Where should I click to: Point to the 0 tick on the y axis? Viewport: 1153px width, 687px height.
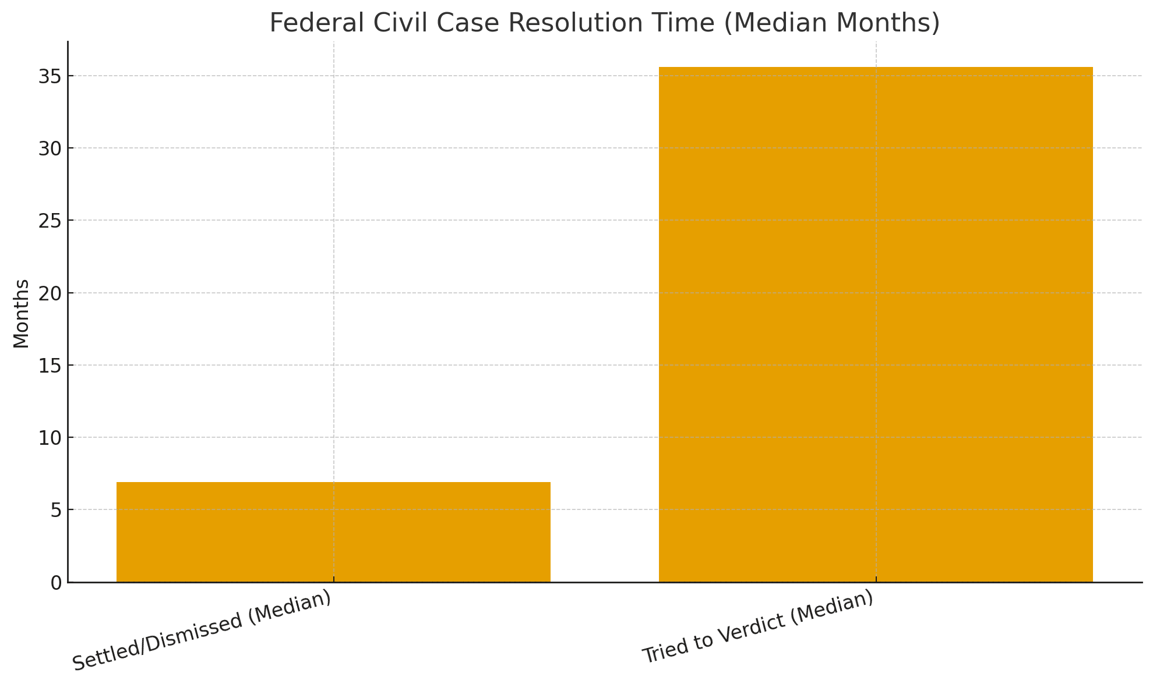click(56, 583)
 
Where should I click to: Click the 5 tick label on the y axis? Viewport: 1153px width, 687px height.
click(56, 511)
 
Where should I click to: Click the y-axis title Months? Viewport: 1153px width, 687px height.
click(21, 314)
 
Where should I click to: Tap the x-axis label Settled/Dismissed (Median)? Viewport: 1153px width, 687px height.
click(202, 631)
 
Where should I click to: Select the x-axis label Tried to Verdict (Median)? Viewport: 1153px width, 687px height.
click(758, 627)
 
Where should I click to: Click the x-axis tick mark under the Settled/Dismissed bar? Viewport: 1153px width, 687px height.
click(333, 580)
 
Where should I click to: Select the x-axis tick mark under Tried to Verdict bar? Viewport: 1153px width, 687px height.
click(876, 580)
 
